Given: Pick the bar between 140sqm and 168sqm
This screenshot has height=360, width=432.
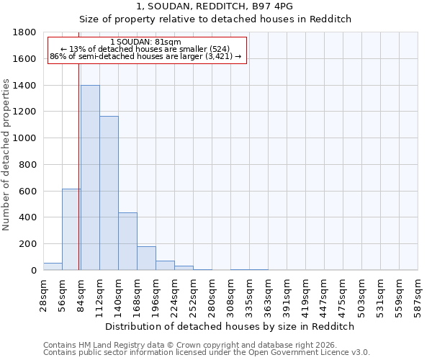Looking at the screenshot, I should (x=127, y=241).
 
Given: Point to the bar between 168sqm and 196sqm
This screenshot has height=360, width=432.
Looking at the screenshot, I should (x=146, y=258).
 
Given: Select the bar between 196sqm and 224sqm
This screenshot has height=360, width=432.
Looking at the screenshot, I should (x=165, y=265).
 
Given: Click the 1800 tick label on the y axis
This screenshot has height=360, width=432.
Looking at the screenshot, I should (x=25, y=32).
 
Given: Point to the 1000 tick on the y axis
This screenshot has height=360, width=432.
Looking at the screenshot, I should (x=25, y=138).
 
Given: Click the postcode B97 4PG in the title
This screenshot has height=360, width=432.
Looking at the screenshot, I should (x=274, y=6).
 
